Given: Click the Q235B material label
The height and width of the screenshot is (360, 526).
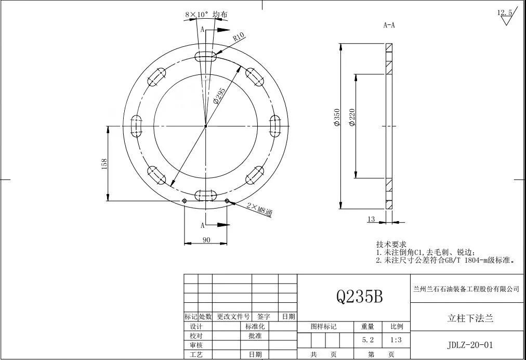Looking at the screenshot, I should pos(360,296).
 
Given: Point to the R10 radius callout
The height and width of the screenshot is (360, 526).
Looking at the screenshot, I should pos(239,37).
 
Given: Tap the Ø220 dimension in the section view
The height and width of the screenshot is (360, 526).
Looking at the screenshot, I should pos(352,117).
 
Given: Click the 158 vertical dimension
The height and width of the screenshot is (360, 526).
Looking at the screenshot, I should pos(104,164).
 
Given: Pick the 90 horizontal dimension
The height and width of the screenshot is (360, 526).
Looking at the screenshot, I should pos(206,240).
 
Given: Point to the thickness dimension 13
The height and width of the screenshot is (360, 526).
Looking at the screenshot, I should pos(371,220).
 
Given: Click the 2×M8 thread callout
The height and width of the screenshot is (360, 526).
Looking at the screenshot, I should pos(260,210).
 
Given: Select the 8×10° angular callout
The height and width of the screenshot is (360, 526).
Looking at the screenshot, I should pos(206,15).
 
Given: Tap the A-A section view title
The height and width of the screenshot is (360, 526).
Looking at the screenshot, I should pos(389,25).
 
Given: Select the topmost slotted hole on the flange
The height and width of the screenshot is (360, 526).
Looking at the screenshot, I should pos(205,56).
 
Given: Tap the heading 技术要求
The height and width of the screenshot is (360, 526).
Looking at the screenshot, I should pos(391,244).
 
